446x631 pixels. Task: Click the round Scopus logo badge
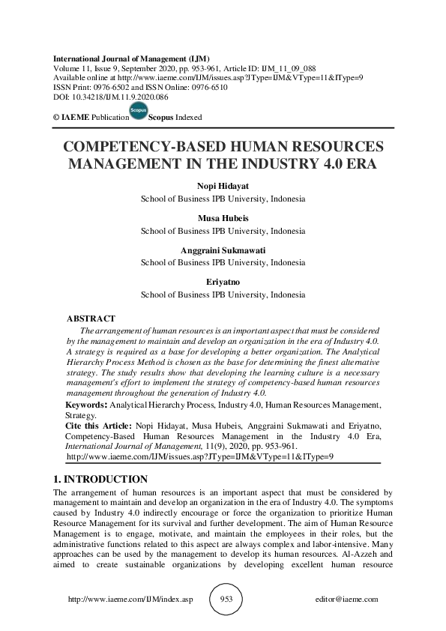point(139,112)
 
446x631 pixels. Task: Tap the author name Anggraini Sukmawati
point(223,251)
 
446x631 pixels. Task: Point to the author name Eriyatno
point(223,283)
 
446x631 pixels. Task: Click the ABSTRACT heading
point(91,319)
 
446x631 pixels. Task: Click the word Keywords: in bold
point(86,405)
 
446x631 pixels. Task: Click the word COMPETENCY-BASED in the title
point(151,147)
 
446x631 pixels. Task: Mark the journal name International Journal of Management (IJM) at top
point(132,58)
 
